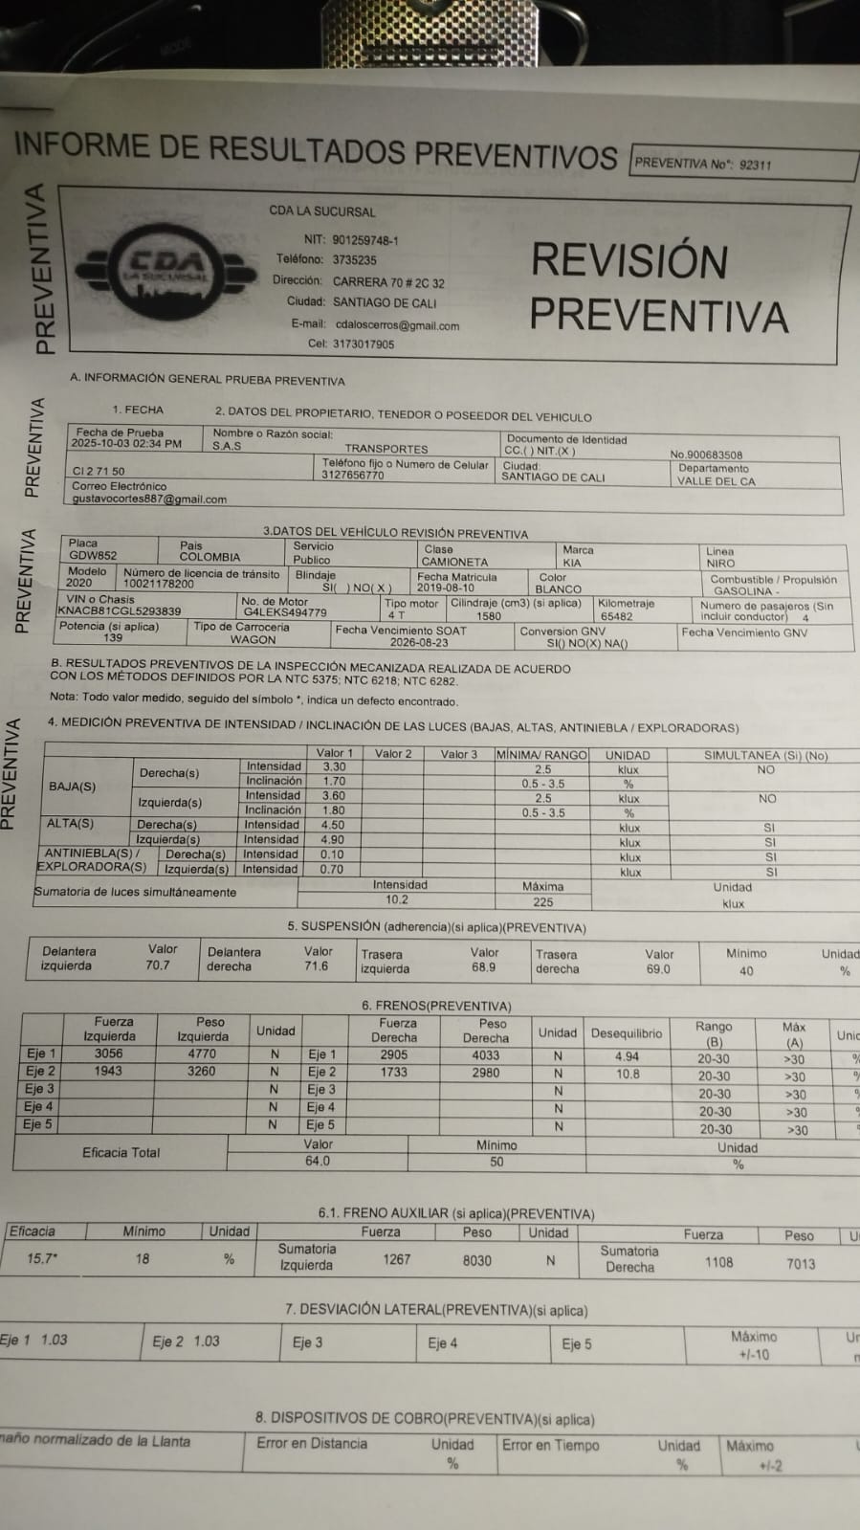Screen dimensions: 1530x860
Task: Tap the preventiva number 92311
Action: (755, 165)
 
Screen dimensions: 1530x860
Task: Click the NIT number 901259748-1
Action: (365, 240)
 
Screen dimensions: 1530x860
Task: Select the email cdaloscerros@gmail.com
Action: (397, 325)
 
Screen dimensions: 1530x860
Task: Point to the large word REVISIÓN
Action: (629, 261)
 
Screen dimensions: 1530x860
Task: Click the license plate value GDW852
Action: (93, 555)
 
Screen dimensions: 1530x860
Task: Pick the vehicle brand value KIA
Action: (571, 563)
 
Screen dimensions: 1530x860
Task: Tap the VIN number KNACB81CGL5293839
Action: (119, 610)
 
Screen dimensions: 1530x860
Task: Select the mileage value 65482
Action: (616, 617)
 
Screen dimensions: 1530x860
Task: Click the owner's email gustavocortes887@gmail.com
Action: (149, 499)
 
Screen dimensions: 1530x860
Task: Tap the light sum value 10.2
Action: (397, 899)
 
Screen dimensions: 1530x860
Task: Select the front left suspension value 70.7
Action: (158, 965)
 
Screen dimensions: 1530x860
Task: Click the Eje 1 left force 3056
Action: (108, 1053)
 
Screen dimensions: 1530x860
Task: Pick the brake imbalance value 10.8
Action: (628, 1074)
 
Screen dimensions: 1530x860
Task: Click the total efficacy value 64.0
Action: (318, 1161)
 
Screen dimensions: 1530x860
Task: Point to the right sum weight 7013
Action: (801, 1264)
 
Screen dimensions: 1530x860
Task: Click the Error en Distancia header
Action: (312, 1443)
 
